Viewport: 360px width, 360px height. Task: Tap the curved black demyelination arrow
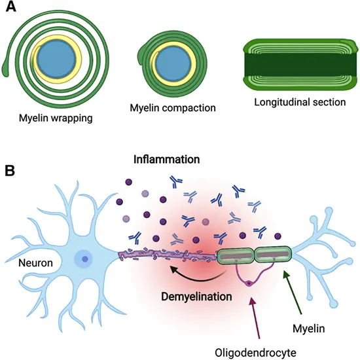(190, 271)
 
